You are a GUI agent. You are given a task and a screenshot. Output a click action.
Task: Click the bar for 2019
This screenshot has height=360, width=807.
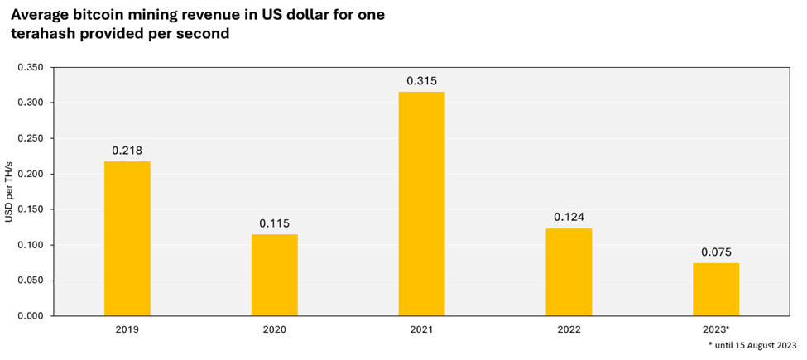pyautogui.click(x=127, y=238)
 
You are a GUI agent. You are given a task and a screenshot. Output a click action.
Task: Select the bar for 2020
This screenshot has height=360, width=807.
pyautogui.click(x=274, y=275)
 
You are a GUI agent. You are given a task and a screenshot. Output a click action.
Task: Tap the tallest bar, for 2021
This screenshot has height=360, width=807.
pyautogui.click(x=421, y=204)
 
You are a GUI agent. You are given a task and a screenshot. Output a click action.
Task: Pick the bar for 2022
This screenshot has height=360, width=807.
pyautogui.click(x=569, y=271)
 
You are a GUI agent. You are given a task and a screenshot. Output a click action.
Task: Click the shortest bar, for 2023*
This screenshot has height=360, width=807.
pyautogui.click(x=715, y=289)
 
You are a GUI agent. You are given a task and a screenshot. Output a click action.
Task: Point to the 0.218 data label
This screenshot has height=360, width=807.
pyautogui.click(x=127, y=151)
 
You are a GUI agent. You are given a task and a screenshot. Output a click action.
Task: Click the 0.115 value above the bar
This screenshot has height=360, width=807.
pyautogui.click(x=274, y=223)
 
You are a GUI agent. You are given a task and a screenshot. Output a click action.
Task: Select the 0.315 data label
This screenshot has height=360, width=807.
pyautogui.click(x=421, y=81)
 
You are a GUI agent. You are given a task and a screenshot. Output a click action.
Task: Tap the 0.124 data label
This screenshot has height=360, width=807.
pyautogui.click(x=569, y=218)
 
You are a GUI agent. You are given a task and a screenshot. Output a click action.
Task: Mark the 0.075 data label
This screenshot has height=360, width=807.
pyautogui.click(x=715, y=252)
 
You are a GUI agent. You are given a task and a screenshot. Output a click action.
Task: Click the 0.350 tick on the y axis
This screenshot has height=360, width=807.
pyautogui.click(x=34, y=67)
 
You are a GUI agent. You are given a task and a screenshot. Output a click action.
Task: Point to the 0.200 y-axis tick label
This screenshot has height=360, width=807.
pyautogui.click(x=34, y=174)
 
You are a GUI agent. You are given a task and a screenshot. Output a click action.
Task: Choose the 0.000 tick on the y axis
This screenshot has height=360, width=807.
pyautogui.click(x=34, y=316)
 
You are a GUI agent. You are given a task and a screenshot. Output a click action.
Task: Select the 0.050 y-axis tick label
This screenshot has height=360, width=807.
pyautogui.click(x=34, y=281)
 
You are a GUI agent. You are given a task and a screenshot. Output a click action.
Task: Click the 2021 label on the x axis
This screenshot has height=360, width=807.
pyautogui.click(x=421, y=329)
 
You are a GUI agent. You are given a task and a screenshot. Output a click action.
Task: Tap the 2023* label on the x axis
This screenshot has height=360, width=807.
pyautogui.click(x=715, y=329)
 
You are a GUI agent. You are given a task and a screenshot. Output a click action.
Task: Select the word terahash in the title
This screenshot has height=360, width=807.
pyautogui.click(x=45, y=34)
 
